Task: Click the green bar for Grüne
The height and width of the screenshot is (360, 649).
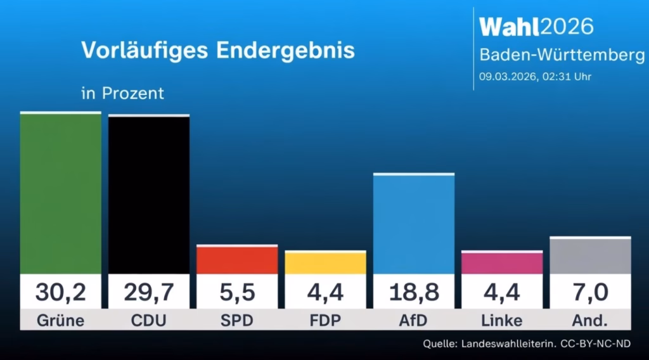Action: pyautogui.click(x=60, y=193)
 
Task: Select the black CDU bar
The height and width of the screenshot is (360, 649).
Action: pyautogui.click(x=148, y=195)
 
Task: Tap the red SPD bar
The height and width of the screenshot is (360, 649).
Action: pyautogui.click(x=237, y=260)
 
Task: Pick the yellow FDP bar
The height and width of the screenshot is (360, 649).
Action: pyautogui.click(x=325, y=263)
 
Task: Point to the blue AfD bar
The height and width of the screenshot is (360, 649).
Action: pyautogui.click(x=413, y=224)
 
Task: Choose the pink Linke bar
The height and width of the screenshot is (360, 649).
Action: pyautogui.click(x=501, y=263)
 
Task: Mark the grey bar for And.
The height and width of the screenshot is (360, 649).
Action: pyautogui.click(x=590, y=256)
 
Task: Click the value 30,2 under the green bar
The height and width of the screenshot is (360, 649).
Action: pyautogui.click(x=60, y=292)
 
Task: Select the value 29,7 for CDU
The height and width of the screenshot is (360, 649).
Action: pyautogui.click(x=148, y=292)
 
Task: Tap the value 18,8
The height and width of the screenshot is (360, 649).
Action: pyautogui.click(x=413, y=292)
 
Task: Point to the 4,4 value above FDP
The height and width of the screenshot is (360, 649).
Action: pyautogui.click(x=325, y=292)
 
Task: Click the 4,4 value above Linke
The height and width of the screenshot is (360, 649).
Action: pyautogui.click(x=501, y=292)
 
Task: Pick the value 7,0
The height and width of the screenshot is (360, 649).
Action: pyautogui.click(x=590, y=292)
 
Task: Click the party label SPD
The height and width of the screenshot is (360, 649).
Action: pyautogui.click(x=237, y=321)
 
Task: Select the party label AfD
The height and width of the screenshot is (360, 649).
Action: pyautogui.click(x=413, y=321)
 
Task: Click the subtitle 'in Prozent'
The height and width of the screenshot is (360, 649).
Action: pyautogui.click(x=122, y=93)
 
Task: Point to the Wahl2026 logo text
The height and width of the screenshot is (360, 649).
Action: pyautogui.click(x=536, y=27)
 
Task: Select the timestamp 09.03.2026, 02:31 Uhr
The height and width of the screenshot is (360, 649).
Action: pyautogui.click(x=535, y=77)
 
